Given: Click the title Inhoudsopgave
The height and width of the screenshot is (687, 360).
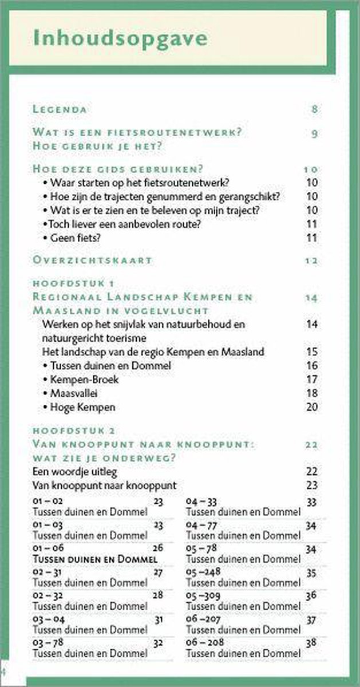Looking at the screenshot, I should click(x=120, y=39).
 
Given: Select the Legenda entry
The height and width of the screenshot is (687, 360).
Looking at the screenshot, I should click(x=60, y=109).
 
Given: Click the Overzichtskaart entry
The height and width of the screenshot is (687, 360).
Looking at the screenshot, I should click(x=92, y=260).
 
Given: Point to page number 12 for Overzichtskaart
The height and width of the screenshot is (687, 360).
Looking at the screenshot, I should click(x=311, y=260).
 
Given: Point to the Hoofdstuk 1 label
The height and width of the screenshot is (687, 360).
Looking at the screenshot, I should click(x=74, y=283).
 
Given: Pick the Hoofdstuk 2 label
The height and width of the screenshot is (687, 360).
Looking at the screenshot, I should click(x=74, y=430).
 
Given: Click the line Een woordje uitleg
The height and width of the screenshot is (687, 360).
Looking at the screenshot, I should click(x=75, y=471).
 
